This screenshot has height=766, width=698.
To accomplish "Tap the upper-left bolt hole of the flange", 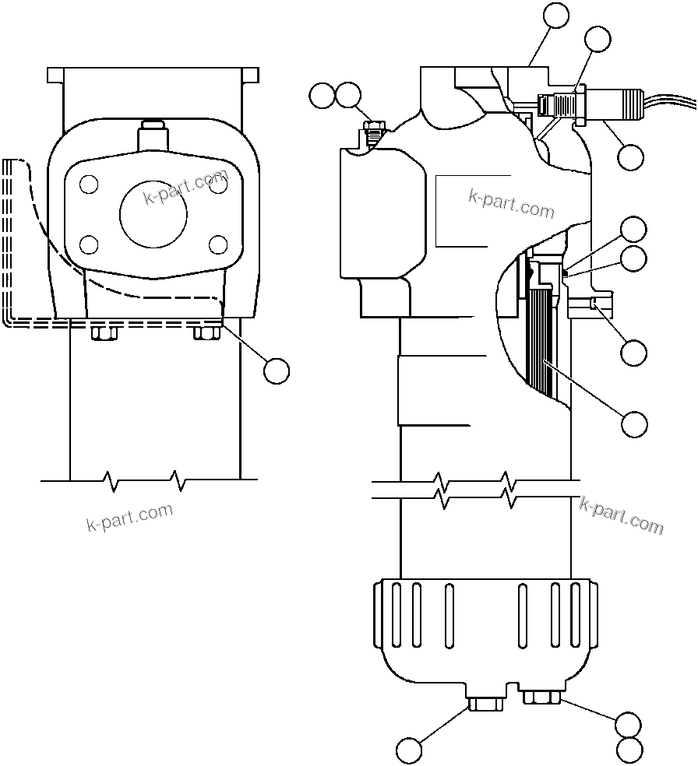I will pyautogui.click(x=90, y=184).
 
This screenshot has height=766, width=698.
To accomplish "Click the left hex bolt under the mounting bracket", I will pyautogui.click(x=104, y=333).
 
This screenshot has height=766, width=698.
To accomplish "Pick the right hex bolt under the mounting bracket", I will pyautogui.click(x=206, y=332).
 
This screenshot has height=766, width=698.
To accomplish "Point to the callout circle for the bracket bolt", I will pyautogui.click(x=276, y=371).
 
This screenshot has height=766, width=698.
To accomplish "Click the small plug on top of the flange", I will pyautogui.click(x=153, y=135).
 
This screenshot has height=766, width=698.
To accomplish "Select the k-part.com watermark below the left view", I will pyautogui.click(x=129, y=517).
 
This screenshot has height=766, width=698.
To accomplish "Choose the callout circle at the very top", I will pyautogui.click(x=556, y=16).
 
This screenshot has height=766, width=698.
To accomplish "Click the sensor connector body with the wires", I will pyautogui.click(x=615, y=103).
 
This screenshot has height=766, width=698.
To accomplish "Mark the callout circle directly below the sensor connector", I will pyautogui.click(x=630, y=156).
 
